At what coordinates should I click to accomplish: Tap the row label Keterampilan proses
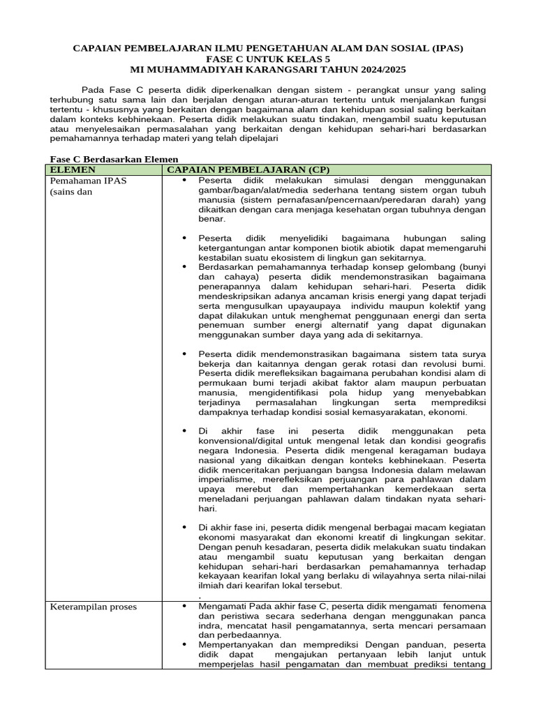[93, 607]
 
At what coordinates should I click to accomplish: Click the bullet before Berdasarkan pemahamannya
[185, 266]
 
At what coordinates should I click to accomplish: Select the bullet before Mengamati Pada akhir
[185, 607]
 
